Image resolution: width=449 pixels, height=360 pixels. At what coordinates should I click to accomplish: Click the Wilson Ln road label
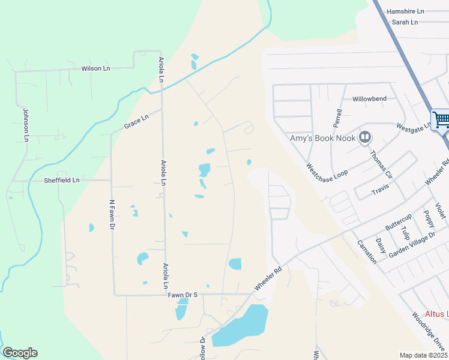95,68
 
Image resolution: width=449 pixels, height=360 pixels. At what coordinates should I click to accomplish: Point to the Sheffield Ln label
61,180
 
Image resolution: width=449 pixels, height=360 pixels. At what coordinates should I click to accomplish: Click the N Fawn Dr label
112,215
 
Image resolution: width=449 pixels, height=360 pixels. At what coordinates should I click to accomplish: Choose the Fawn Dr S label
182,295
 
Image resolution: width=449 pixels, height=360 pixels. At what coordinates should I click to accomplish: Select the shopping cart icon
441,119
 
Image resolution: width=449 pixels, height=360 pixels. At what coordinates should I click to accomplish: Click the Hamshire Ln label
405,11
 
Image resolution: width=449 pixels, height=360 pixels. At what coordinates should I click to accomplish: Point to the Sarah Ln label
405,22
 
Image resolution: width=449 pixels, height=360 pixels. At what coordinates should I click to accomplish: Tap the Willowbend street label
369,98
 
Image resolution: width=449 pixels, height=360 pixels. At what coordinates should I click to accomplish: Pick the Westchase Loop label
327,173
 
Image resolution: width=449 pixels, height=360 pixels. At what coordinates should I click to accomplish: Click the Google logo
20,353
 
